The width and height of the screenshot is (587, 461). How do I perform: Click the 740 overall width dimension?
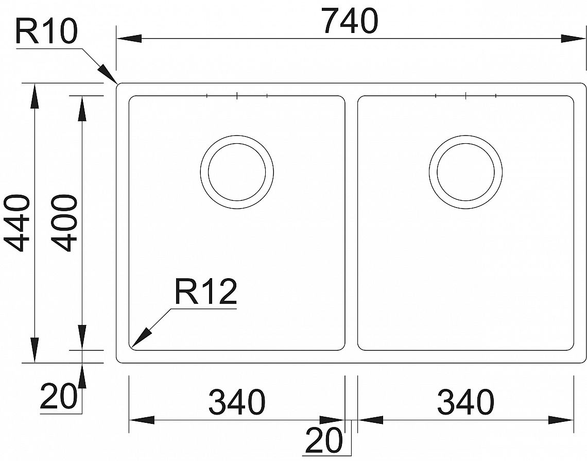coord(351,21)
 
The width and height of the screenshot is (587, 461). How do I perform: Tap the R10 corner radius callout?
coord(46,32)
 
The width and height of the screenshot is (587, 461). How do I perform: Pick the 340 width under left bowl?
coord(236,402)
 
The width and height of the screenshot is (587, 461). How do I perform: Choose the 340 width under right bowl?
coord(465,402)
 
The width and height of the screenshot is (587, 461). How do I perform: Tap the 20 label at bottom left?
coord(58,396)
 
